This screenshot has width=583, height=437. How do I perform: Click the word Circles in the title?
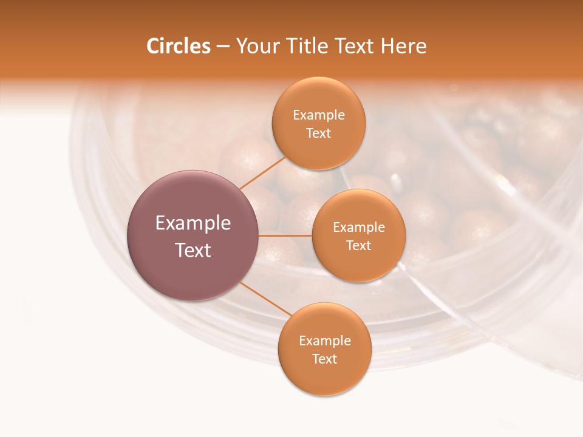[178, 46]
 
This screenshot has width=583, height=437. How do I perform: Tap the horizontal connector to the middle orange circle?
[285, 235]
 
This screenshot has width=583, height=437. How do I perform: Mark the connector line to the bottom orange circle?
[265, 299]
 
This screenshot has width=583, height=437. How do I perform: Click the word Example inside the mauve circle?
[193, 223]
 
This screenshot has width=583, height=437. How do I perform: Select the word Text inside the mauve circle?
[193, 250]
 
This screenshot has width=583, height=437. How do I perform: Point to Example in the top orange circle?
[319, 115]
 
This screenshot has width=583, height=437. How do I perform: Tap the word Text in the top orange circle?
[318, 133]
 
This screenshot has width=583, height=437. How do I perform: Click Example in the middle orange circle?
[359, 227]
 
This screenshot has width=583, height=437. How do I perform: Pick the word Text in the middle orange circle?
[358, 245]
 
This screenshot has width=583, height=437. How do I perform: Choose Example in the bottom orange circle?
[325, 340]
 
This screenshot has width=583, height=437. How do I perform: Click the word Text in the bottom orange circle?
[324, 359]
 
